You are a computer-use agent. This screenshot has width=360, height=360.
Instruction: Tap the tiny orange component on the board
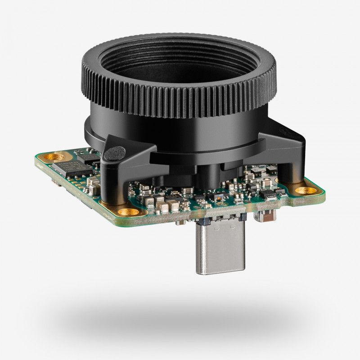[x=219, y=197]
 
